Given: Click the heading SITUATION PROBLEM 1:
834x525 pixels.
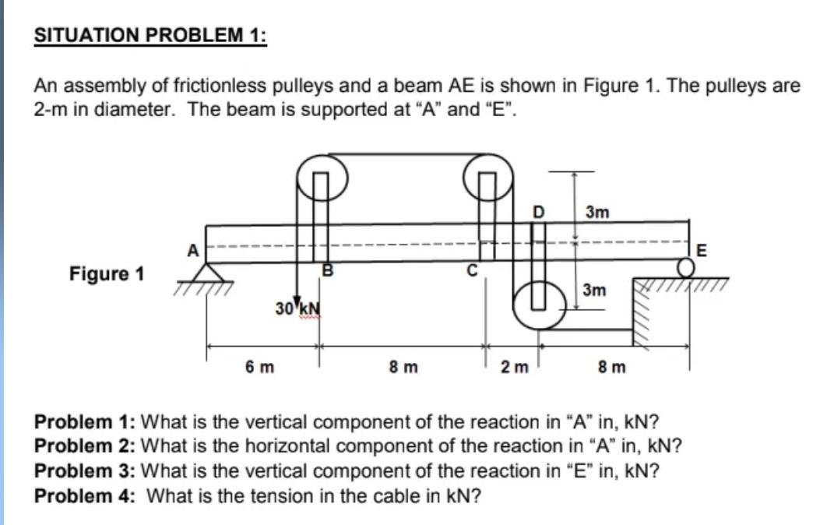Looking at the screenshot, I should (150, 36).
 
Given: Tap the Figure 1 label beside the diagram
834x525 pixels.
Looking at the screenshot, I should (107, 273).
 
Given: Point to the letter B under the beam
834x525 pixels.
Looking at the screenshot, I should (328, 270).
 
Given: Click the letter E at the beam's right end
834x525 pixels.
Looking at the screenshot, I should (702, 251).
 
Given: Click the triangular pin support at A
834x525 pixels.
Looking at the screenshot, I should (206, 272).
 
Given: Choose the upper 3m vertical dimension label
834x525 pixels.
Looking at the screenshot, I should (597, 211).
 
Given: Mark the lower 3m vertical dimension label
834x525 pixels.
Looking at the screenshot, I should (594, 291).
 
